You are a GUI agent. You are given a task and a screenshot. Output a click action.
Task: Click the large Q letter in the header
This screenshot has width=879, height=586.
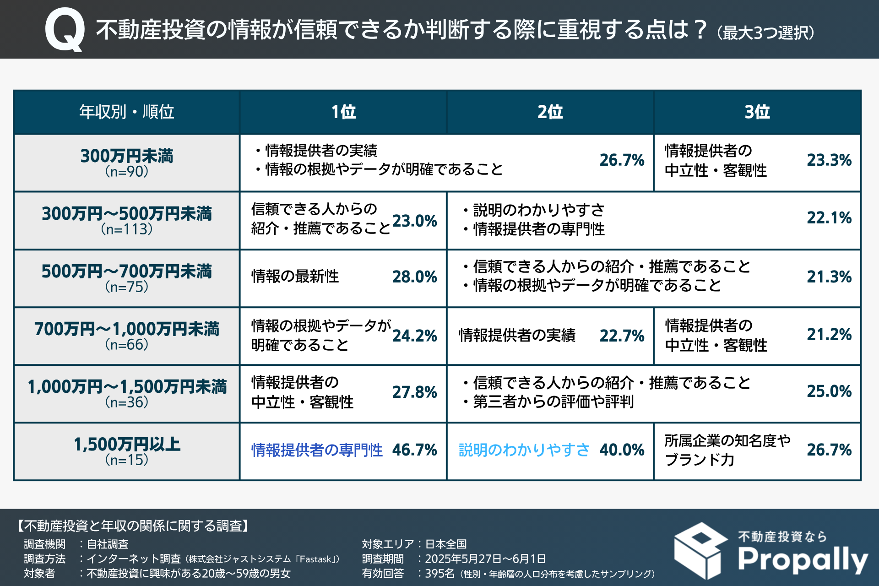point(65,30)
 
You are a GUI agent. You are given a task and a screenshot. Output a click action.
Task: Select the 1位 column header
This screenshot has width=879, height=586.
point(343,112)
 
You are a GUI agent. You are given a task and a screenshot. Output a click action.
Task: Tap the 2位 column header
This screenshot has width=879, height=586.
point(550,112)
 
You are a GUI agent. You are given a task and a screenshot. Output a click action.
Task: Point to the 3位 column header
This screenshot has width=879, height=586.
point(757,112)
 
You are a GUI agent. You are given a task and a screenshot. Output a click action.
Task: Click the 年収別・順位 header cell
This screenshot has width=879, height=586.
point(126,112)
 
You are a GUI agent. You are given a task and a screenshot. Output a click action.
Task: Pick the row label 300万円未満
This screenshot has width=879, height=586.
point(127,156)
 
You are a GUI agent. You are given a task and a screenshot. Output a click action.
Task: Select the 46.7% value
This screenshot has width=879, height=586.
point(414,450)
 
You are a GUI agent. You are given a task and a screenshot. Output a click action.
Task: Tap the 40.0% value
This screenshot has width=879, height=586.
point(622,450)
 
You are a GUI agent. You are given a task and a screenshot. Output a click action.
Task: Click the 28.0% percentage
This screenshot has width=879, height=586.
point(414,277)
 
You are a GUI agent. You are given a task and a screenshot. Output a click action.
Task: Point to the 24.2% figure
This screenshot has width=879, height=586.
point(414,336)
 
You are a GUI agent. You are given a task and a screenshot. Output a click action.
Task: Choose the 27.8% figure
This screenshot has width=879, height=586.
point(414,392)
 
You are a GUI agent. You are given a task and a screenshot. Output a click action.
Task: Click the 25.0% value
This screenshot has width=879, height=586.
point(829,391)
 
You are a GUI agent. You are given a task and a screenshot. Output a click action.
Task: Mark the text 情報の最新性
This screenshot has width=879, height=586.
point(295,277)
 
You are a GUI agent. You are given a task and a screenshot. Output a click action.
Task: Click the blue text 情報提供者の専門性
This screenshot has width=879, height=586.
point(317,450)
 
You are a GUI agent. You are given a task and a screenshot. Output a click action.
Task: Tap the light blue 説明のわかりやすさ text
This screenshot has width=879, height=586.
point(524,450)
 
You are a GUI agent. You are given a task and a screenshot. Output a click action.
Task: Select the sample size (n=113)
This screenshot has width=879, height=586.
point(127,229)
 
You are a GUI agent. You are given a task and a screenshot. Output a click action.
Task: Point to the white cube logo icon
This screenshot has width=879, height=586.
point(700,550)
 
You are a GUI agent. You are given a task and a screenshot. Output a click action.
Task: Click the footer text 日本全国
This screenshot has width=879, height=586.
point(446,544)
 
